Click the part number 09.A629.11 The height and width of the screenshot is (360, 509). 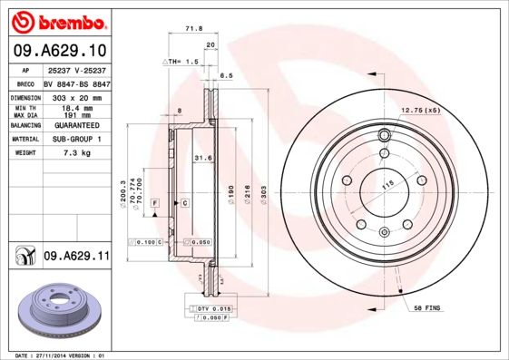76,257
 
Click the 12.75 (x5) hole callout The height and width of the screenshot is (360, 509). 419,111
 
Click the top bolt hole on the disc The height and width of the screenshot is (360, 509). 384,137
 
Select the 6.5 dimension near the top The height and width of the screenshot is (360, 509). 228,76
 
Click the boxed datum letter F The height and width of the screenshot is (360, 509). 156,201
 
